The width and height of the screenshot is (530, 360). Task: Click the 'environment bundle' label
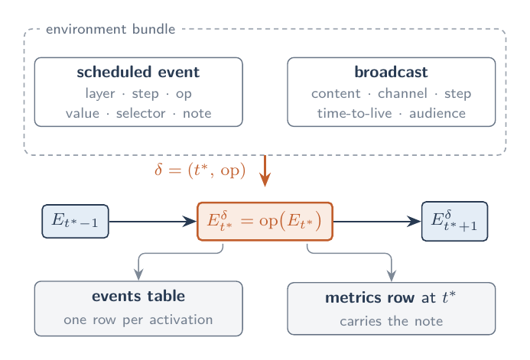[111, 29]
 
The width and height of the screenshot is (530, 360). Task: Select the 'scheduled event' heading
[138, 73]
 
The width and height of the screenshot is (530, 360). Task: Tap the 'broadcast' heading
[391, 73]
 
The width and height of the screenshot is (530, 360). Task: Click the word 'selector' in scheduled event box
[141, 113]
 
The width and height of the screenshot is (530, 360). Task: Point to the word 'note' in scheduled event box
[197, 113]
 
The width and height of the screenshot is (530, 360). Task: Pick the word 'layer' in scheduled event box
[100, 93]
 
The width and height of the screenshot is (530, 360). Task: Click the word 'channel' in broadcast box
[402, 93]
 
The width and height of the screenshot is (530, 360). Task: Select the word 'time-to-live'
[355, 113]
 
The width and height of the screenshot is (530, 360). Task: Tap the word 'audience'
[437, 113]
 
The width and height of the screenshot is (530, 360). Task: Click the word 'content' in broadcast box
[336, 93]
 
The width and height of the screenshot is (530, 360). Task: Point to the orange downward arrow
[265, 171]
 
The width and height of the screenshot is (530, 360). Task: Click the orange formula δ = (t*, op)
[200, 170]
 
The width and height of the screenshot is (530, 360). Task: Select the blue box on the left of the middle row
[76, 222]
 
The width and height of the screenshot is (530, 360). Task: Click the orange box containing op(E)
[265, 222]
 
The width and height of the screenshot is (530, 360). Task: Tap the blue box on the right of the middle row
[454, 222]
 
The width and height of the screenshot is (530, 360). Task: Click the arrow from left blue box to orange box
[153, 222]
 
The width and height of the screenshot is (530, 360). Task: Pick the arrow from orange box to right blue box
[377, 222]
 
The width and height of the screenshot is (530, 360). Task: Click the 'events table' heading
[138, 296]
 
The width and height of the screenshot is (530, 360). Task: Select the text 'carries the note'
[391, 321]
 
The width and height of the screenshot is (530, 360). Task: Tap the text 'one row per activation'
[138, 319]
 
